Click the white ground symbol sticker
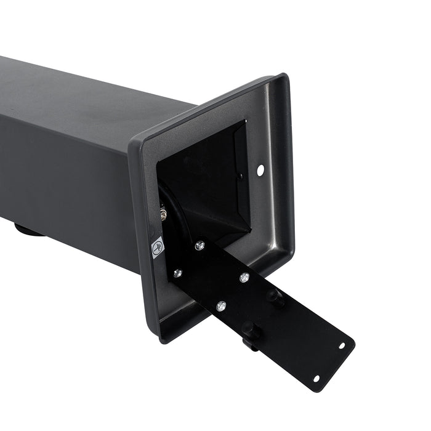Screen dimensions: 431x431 click(x=158, y=247)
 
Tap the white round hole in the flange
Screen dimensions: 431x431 click(x=260, y=169)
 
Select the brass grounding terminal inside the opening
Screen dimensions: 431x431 click(x=164, y=214)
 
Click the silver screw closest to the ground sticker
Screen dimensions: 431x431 click(x=177, y=273)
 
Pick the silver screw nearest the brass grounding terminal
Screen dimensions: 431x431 click(x=199, y=246)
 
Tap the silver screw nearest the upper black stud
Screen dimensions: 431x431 click(x=244, y=278)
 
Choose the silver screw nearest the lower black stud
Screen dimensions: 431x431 click(x=220, y=305)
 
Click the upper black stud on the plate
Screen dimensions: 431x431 click(x=275, y=297)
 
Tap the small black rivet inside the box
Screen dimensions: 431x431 click(x=240, y=177)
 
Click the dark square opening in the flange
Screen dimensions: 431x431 click(x=206, y=179)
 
